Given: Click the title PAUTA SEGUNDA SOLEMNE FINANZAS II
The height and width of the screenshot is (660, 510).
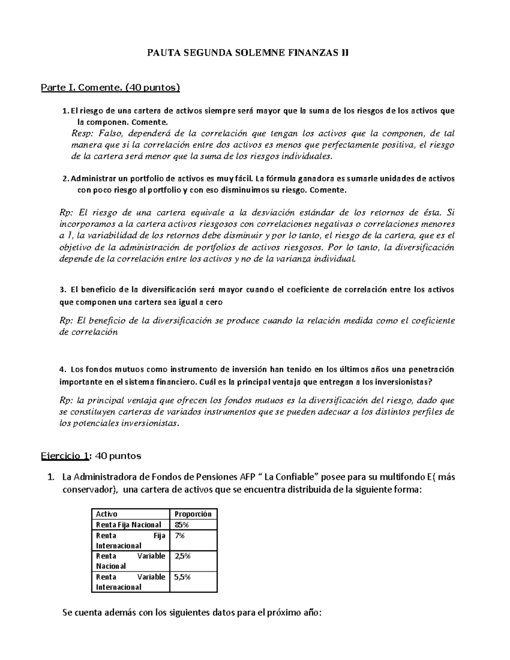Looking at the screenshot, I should (x=247, y=53).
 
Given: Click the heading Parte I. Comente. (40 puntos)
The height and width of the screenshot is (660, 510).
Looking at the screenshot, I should (x=110, y=88).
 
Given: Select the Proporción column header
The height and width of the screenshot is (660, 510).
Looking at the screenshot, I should (x=193, y=514).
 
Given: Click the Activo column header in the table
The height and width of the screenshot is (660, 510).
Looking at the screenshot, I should (x=107, y=514).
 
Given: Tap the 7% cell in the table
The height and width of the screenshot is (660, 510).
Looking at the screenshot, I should (x=179, y=535).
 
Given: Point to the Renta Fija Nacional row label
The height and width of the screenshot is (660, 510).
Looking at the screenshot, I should (x=128, y=524).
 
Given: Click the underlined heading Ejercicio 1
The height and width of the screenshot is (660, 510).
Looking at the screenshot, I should (x=65, y=456).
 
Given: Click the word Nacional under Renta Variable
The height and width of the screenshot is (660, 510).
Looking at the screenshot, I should (x=111, y=566).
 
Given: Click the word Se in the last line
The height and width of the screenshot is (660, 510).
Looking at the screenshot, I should (x=67, y=613).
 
